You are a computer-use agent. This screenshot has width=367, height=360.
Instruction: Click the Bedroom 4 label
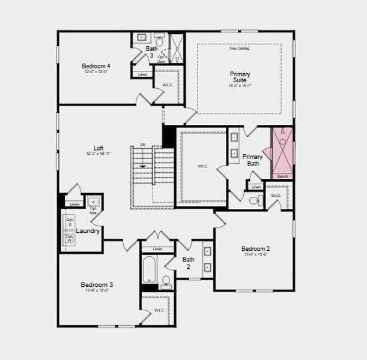tap(96, 66)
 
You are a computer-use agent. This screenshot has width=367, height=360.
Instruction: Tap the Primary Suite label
tap(240, 77)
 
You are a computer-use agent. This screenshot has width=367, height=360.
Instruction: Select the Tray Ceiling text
tap(239, 49)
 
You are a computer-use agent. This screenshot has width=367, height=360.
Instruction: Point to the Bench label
tap(283, 176)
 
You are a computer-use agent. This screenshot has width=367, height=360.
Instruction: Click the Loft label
tap(99, 148)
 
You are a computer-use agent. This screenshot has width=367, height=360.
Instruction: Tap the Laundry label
tap(88, 230)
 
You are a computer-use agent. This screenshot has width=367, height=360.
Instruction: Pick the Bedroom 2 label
tap(255, 249)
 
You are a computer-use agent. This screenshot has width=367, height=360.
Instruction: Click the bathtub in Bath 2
tap(149, 271)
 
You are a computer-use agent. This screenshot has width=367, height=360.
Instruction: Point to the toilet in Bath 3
tap(159, 39)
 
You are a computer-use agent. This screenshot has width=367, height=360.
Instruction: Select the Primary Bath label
tap(252, 160)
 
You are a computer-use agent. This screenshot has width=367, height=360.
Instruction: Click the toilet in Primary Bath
tap(255, 200)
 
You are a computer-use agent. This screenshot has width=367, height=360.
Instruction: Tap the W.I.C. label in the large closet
tap(202, 166)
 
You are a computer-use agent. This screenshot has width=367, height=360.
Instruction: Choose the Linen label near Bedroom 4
tap(142, 74)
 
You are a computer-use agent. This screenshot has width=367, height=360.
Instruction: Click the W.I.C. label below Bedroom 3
tap(159, 310)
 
